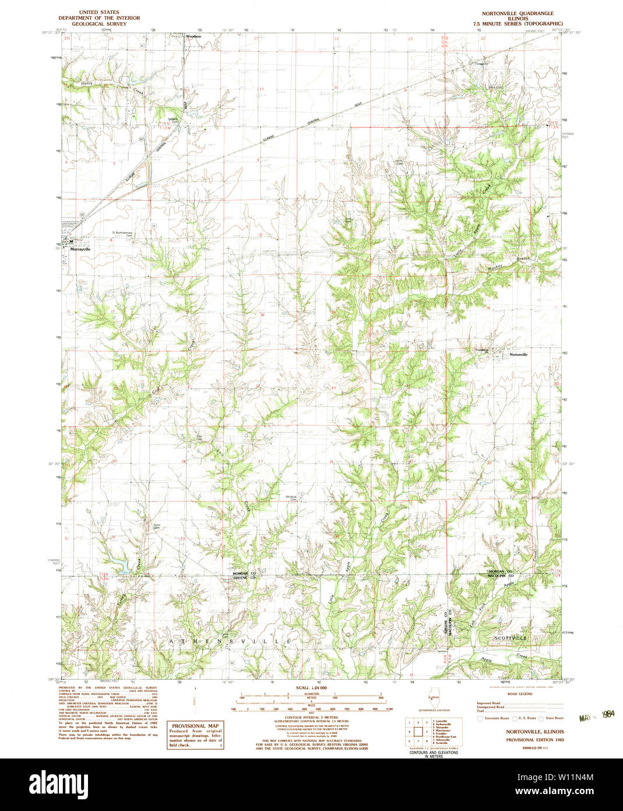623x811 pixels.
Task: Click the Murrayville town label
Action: pyautogui.click(x=80, y=249)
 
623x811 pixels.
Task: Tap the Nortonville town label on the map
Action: pyautogui.click(x=518, y=355)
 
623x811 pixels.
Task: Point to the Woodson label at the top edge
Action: pyautogui.click(x=193, y=36)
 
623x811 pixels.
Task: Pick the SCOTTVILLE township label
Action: pyautogui.click(x=510, y=638)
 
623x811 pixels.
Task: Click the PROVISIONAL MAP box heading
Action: pyautogui.click(x=195, y=726)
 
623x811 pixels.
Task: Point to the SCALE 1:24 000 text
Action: pyautogui.click(x=311, y=687)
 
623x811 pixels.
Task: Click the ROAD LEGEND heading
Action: pyautogui.click(x=519, y=694)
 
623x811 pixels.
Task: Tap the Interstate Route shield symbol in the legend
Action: pyautogui.click(x=480, y=718)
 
